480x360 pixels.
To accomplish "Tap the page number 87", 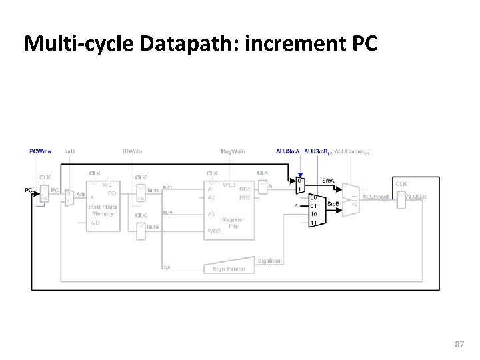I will pyautogui.click(x=459, y=344).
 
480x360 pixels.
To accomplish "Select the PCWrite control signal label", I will pyautogui.click(x=40, y=151).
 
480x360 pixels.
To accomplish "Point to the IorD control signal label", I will pyautogui.click(x=69, y=151).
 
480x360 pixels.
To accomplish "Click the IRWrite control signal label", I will pyautogui.click(x=132, y=151).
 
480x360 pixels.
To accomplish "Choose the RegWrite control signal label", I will pyautogui.click(x=233, y=151).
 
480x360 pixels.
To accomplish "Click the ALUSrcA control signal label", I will pyautogui.click(x=287, y=151).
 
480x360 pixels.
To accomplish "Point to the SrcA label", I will pyautogui.click(x=329, y=181).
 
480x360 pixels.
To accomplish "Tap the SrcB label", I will pyautogui.click(x=332, y=202).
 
